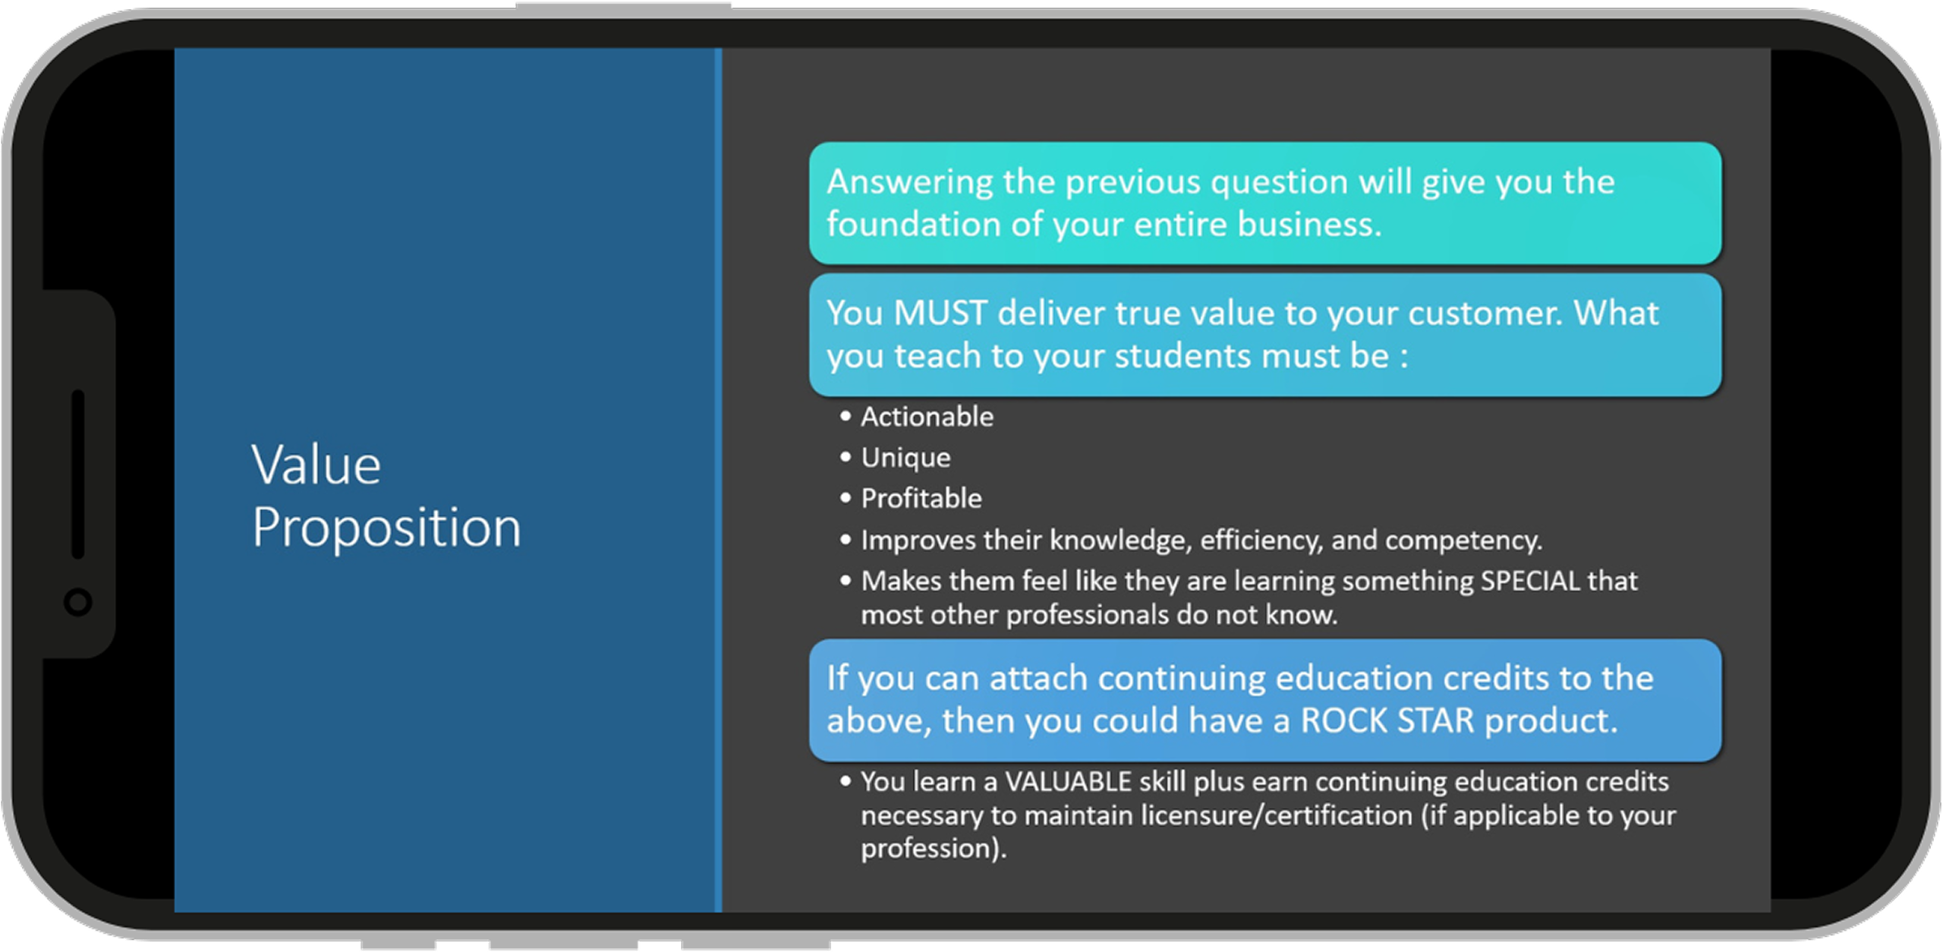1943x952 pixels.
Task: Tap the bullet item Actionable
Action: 927,417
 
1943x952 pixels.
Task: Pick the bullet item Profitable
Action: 921,499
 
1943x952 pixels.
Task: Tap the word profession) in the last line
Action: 934,849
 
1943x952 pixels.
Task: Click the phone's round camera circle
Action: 78,602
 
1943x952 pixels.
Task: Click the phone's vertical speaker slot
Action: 78,474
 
